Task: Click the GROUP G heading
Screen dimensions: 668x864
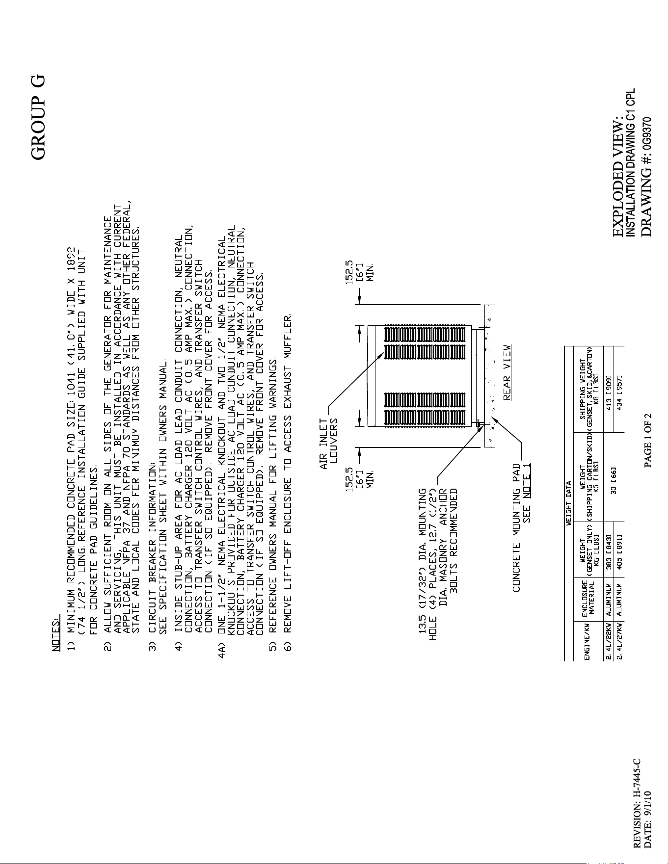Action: coord(38,117)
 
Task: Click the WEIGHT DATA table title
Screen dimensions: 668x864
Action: coord(569,503)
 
